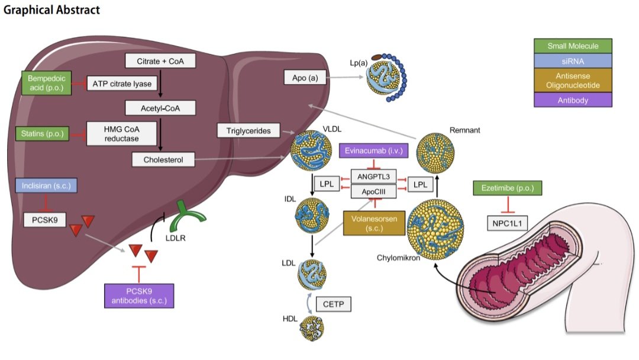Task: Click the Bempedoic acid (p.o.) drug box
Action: [47, 83]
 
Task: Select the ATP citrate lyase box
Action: [122, 83]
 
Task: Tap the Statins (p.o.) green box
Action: [43, 134]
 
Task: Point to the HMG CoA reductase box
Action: [121, 134]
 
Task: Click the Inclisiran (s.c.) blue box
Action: [46, 185]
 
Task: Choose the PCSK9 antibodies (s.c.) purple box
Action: [139, 296]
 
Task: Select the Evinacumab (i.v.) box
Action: [374, 151]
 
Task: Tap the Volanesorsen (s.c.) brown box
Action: [374, 223]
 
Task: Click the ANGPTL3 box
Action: [374, 176]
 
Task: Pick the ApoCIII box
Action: [374, 191]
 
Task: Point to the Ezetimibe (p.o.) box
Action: [508, 188]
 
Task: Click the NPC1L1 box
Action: [507, 223]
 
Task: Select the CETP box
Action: [333, 304]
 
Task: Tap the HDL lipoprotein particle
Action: [312, 328]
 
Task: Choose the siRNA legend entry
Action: [573, 61]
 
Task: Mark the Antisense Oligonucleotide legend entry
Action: [573, 81]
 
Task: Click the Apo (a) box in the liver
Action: [305, 78]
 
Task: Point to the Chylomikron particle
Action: [435, 229]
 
